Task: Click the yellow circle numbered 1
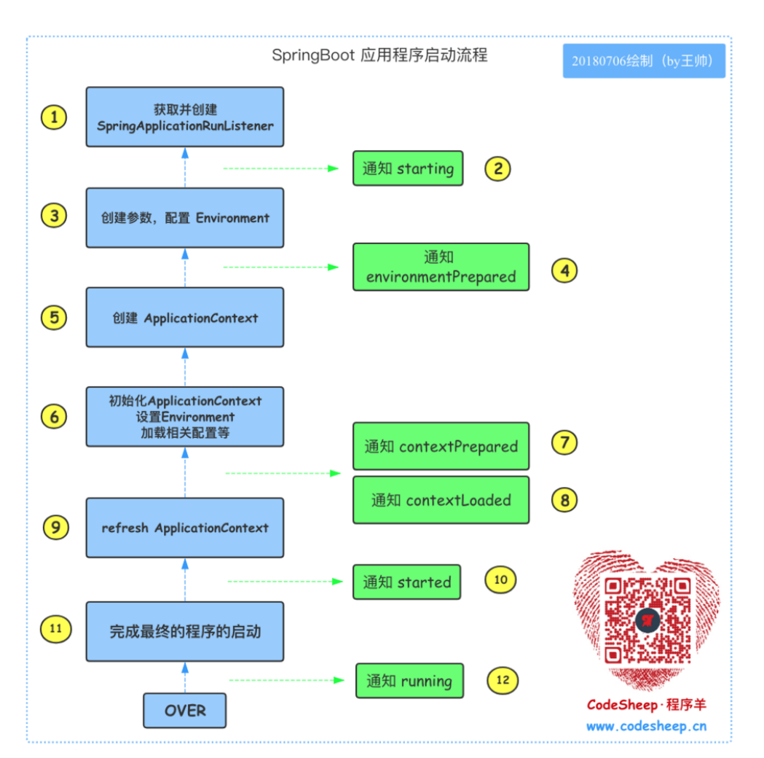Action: [53, 117]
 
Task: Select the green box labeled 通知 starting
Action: [408, 168]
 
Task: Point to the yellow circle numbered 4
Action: [564, 271]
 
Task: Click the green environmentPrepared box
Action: [441, 267]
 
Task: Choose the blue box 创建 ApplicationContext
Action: [185, 318]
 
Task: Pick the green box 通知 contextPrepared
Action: [441, 446]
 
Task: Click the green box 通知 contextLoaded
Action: [441, 500]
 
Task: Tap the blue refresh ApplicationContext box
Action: [185, 528]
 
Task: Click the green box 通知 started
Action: [406, 582]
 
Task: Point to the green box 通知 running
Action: [409, 681]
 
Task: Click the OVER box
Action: [185, 710]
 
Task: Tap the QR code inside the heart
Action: [647, 620]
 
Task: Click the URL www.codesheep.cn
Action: [646, 726]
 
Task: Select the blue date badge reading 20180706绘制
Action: [643, 61]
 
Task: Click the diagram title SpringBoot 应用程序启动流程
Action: [379, 55]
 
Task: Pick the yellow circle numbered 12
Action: [502, 681]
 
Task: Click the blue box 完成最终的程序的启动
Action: [185, 631]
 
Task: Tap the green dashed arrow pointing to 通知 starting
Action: [280, 168]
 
